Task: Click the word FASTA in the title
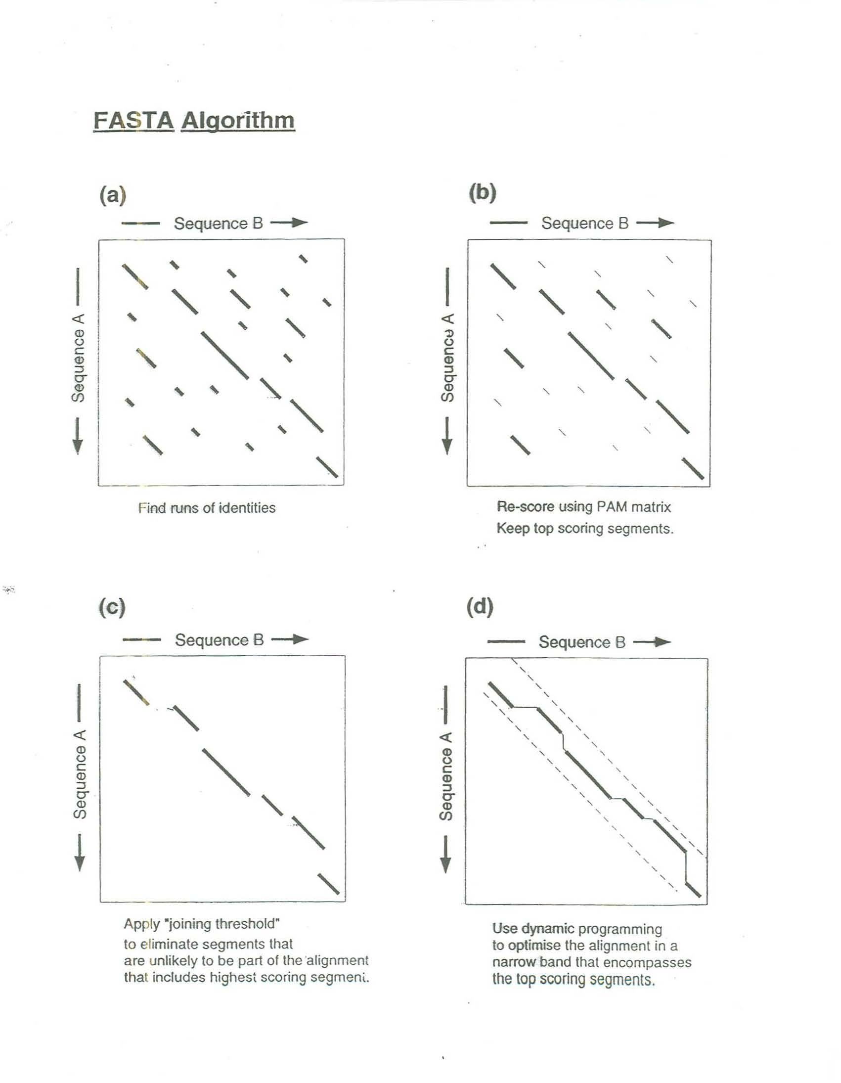coord(134,121)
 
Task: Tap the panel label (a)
coord(113,195)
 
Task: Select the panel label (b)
coord(482,193)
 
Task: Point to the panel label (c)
coord(113,607)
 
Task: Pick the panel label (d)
coord(480,607)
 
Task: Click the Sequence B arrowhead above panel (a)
coord(300,223)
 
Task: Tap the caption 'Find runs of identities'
coord(207,508)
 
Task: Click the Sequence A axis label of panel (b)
coord(448,358)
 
